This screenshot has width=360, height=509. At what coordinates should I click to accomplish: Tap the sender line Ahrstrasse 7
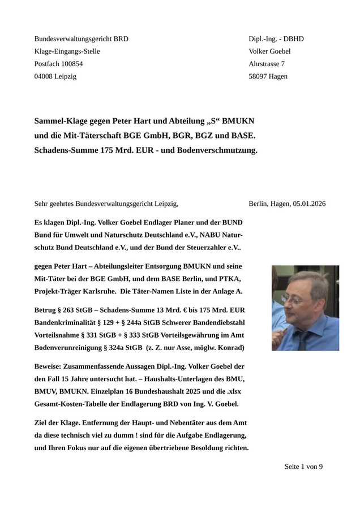267,64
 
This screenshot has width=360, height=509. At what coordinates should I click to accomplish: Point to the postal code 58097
259,76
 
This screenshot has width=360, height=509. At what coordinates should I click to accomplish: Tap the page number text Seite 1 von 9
303,467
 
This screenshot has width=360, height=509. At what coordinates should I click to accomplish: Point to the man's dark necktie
305,340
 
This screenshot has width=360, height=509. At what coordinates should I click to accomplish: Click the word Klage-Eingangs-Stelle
67,51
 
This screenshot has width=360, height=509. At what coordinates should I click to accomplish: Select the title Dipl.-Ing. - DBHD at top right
276,39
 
